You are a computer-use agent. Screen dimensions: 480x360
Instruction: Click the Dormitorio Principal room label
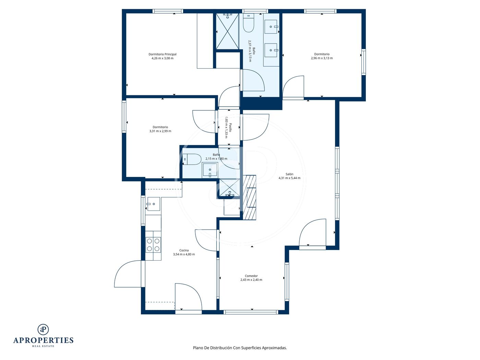click(x=162, y=54)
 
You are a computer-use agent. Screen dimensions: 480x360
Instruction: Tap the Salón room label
click(x=289, y=174)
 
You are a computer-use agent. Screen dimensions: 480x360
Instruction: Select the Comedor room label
click(x=251, y=276)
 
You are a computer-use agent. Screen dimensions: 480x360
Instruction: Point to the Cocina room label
click(x=184, y=250)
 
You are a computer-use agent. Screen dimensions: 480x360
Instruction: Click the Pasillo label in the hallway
click(x=230, y=128)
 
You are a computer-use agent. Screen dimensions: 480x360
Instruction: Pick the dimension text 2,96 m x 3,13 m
click(x=322, y=58)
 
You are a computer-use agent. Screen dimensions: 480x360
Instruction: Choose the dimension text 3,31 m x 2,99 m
click(x=160, y=131)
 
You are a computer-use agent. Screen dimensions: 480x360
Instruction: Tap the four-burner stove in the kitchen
click(x=153, y=244)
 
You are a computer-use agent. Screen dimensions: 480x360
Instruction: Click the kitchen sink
click(x=154, y=204)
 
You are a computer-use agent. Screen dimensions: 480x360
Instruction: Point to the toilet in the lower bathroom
click(x=192, y=159)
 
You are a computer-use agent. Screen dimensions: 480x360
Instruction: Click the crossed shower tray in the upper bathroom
click(x=227, y=32)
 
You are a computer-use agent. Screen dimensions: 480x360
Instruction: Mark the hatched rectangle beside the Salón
click(x=250, y=197)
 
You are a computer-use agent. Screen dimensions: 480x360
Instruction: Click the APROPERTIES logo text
click(x=43, y=340)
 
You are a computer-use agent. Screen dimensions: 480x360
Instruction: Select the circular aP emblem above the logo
click(x=43, y=329)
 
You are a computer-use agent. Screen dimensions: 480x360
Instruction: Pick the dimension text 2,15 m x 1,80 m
click(x=216, y=159)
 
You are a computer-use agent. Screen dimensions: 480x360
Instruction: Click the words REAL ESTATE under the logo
click(x=43, y=346)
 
